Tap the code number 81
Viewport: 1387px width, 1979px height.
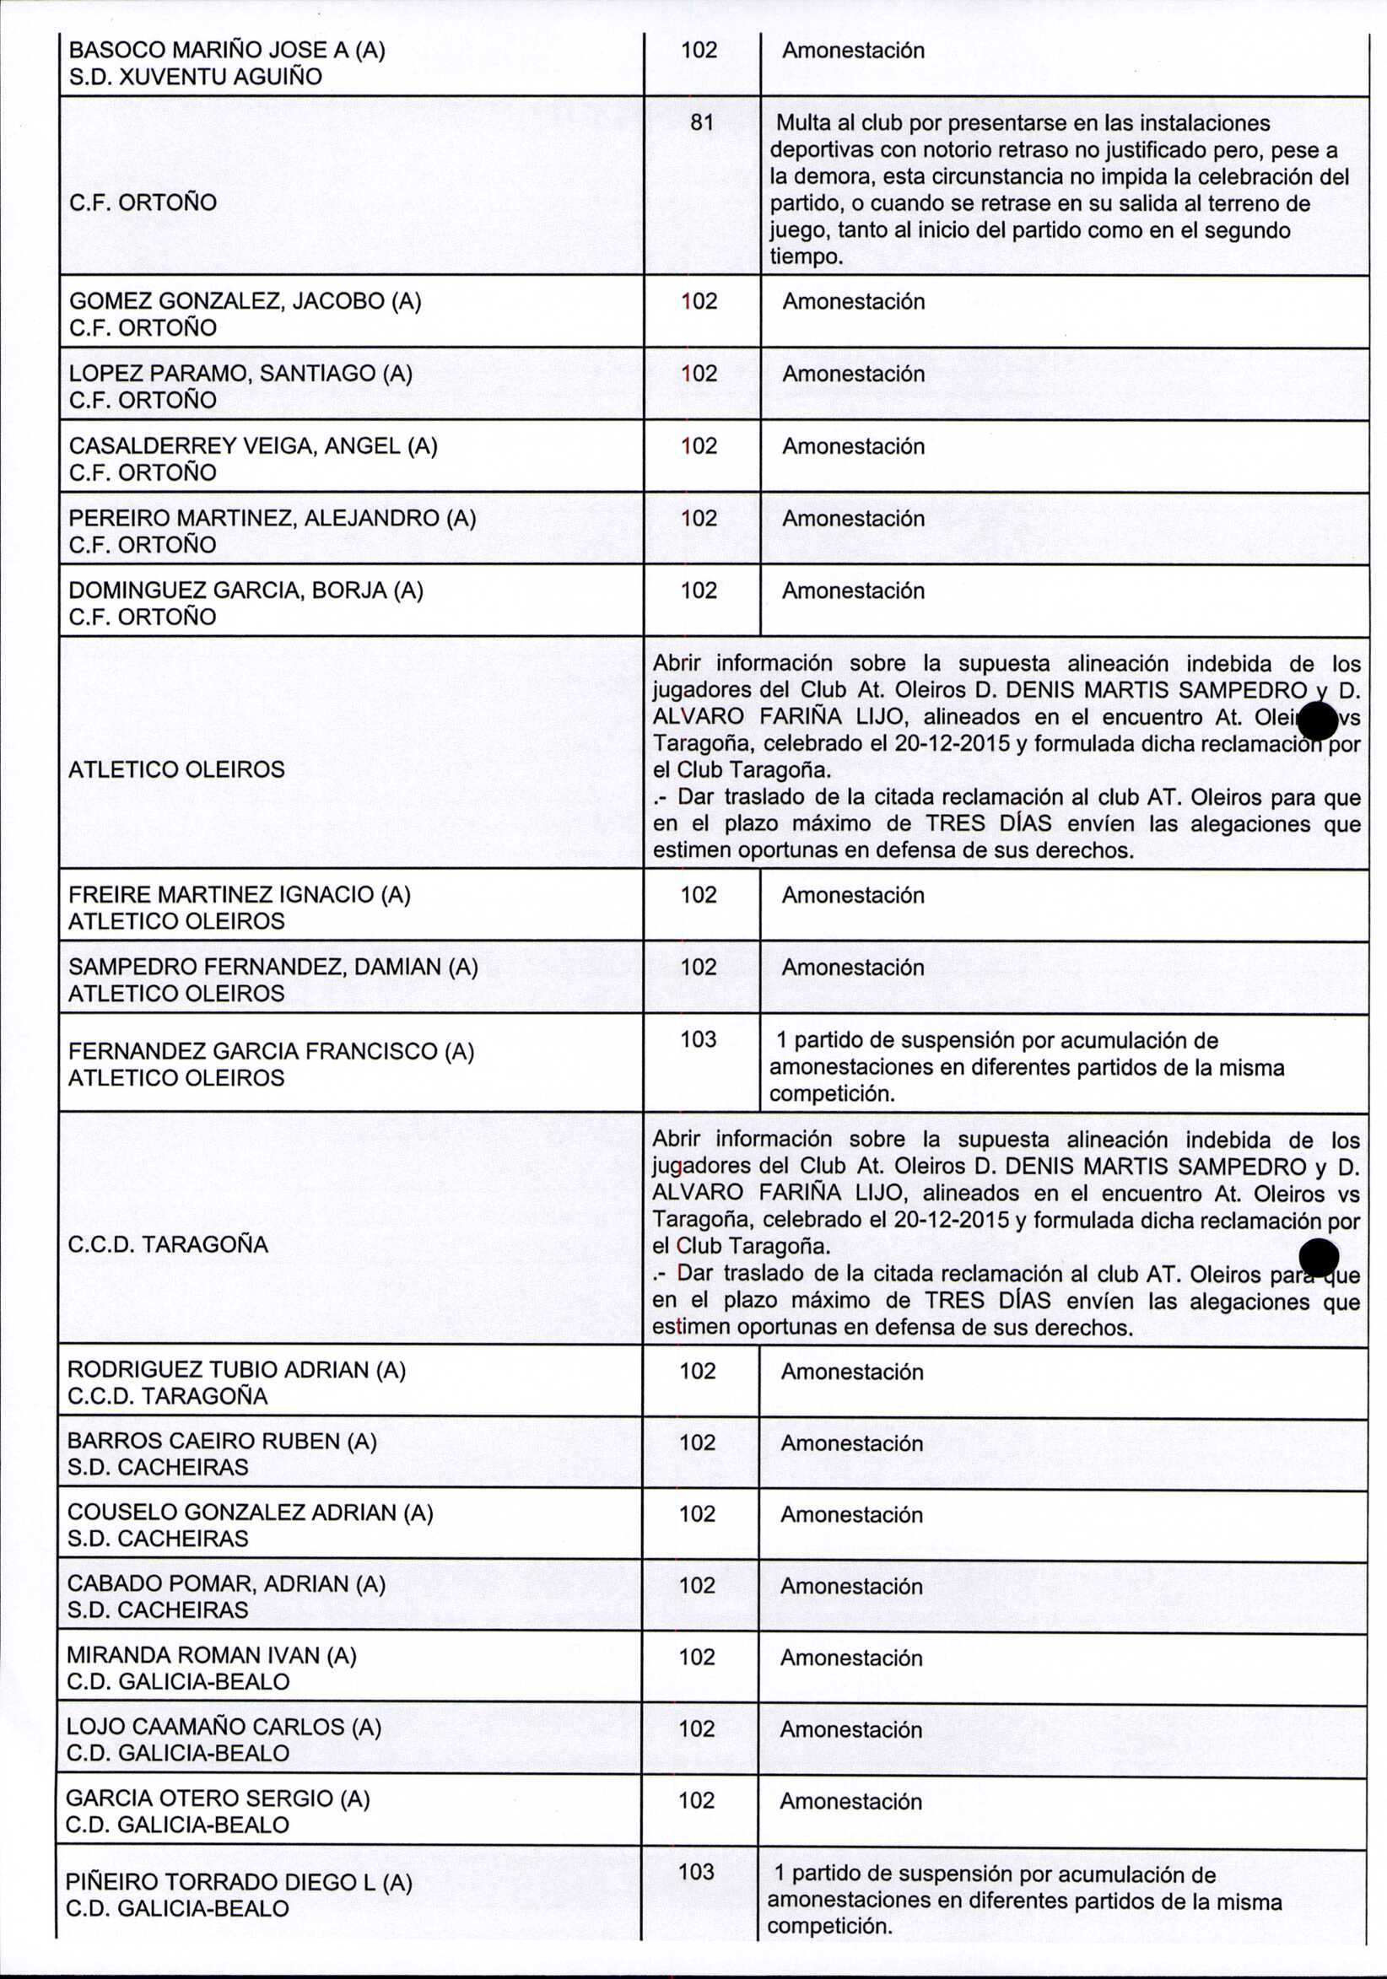tap(702, 123)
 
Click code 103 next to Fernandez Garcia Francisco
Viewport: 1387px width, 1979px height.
tap(699, 1039)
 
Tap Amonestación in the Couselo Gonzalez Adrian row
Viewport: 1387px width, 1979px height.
tap(850, 1514)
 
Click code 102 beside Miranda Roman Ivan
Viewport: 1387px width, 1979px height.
tap(698, 1657)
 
